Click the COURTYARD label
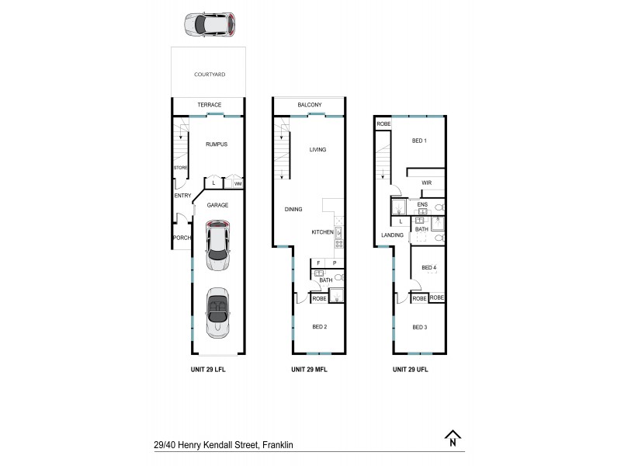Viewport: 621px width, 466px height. (x=209, y=75)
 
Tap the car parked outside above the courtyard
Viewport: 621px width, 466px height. (x=209, y=25)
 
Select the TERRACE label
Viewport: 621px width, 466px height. (x=209, y=105)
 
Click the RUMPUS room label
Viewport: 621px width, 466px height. (x=216, y=144)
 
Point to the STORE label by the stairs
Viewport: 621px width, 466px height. (x=180, y=167)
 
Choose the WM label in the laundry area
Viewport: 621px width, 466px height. (x=238, y=184)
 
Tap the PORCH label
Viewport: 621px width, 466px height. (x=181, y=238)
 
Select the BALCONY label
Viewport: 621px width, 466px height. (x=309, y=105)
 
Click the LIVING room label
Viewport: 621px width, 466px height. (x=317, y=150)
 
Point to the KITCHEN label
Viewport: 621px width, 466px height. (x=322, y=232)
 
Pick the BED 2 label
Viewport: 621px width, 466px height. (x=319, y=327)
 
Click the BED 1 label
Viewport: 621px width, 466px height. (x=419, y=141)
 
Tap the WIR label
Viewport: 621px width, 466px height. (x=426, y=183)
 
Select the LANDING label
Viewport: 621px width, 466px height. (x=392, y=235)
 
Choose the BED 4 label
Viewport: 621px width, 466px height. (x=428, y=268)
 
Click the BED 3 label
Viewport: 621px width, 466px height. (x=420, y=327)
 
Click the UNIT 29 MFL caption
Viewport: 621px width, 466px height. (x=309, y=370)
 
